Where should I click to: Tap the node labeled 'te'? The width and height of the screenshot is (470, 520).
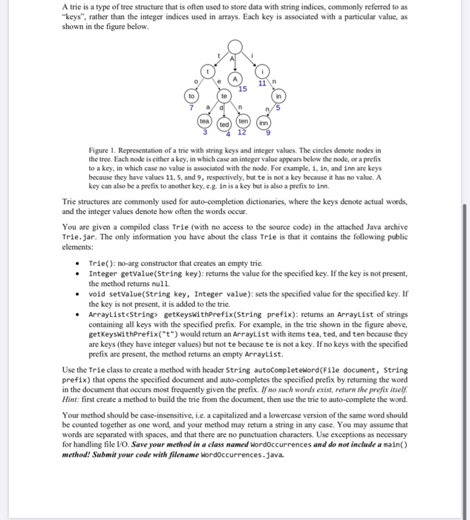223,97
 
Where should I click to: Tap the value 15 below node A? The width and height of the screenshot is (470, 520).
243,90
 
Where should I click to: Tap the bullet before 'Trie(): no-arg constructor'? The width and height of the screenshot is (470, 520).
79,264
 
